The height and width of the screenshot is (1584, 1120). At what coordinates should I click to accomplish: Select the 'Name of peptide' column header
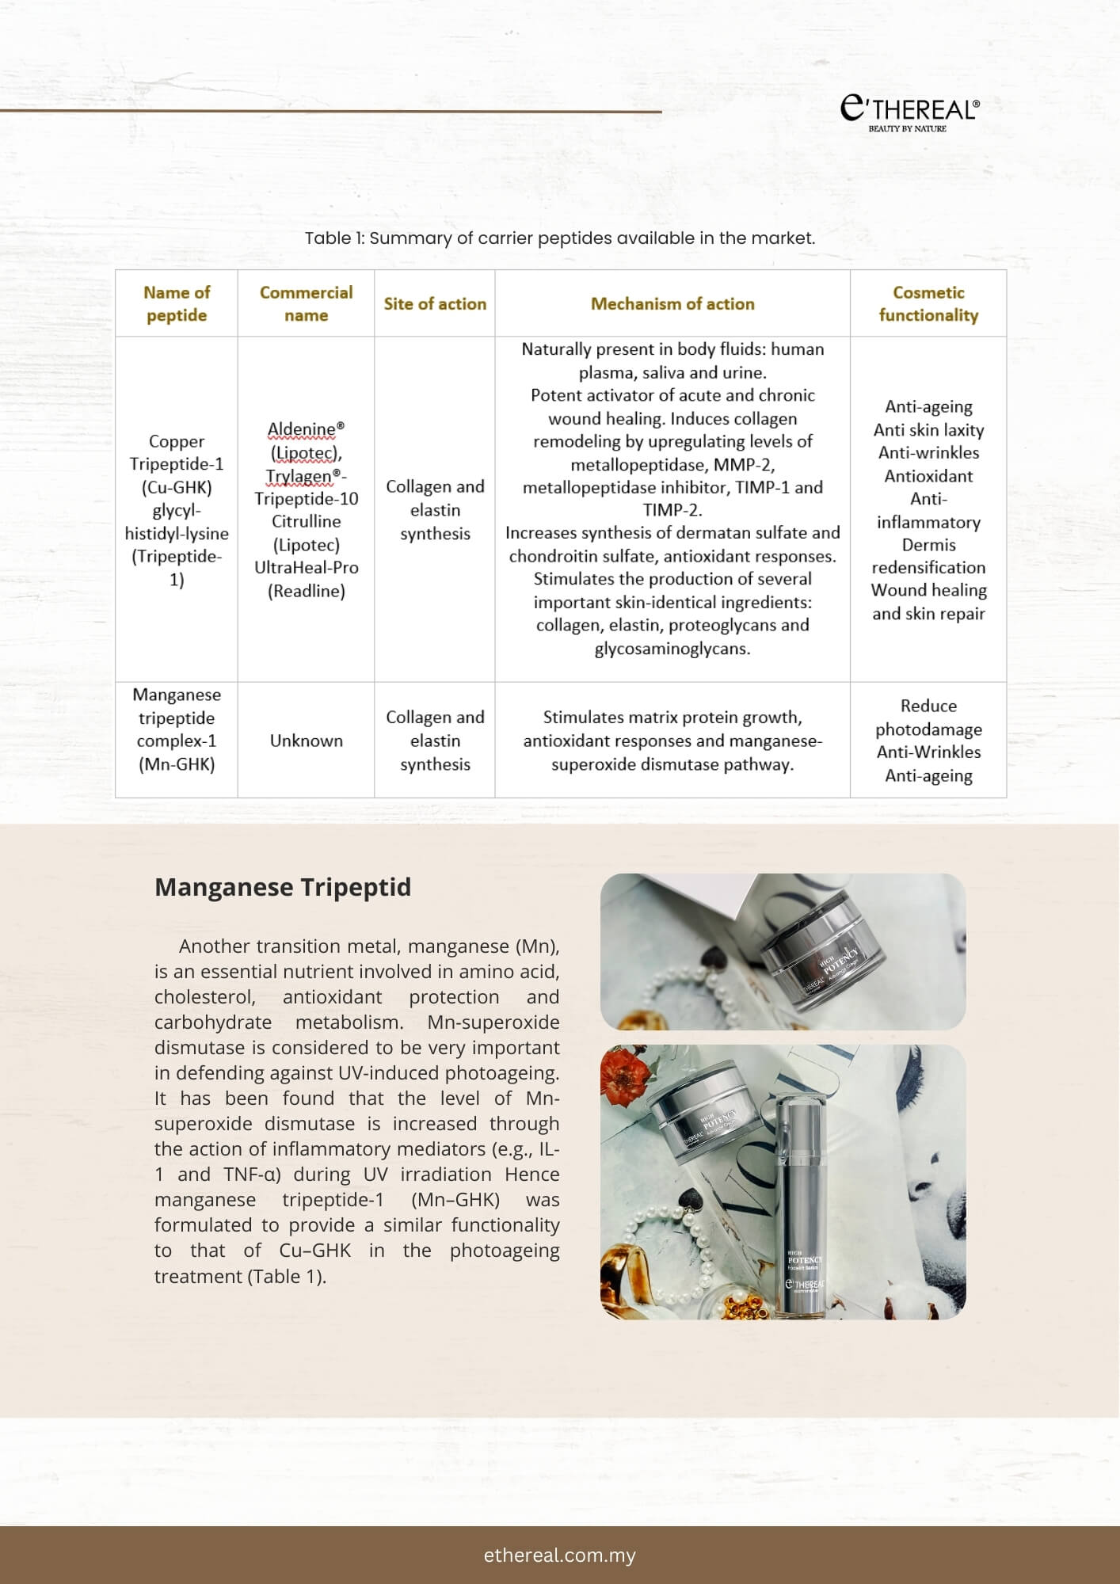pos(177,304)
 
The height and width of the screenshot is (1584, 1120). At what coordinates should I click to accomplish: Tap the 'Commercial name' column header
pos(306,304)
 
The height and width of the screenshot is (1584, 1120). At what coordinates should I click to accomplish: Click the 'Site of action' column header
pos(435,304)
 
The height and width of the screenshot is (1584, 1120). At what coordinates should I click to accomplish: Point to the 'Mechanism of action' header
pos(672,304)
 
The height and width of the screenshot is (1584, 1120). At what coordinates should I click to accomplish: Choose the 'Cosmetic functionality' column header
pos(928,304)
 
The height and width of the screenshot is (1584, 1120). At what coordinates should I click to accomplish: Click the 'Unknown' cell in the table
pos(306,741)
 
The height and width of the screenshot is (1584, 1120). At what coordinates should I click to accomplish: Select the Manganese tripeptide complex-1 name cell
pos(177,729)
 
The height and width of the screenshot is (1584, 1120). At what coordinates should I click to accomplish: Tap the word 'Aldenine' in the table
pos(302,430)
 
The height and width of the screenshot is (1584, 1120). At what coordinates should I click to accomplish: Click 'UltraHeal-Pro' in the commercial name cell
pos(306,568)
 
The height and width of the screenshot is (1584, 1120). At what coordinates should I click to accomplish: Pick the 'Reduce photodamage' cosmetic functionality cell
pos(928,718)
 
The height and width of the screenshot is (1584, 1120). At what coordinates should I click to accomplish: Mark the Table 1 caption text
pos(560,238)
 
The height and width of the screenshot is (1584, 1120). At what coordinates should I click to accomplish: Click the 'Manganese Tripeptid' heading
pos(283,888)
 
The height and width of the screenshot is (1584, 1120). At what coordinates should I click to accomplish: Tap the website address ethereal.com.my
pos(560,1555)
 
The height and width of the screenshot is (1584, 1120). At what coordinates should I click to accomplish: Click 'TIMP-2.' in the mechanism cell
pos(672,510)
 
